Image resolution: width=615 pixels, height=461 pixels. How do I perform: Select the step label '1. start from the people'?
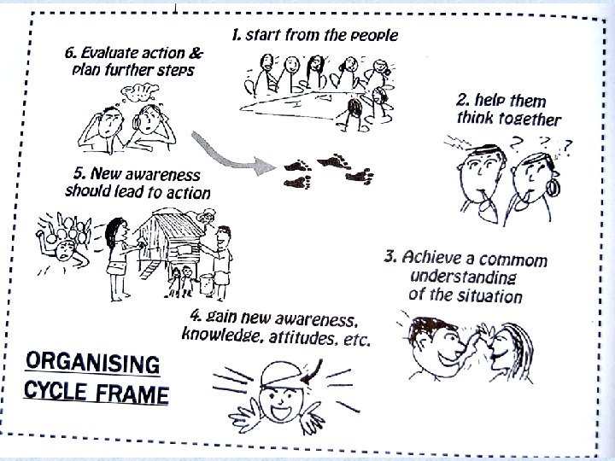(315, 35)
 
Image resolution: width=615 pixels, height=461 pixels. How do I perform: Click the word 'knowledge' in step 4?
(220, 338)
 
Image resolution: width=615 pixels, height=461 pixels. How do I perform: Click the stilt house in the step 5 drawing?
(170, 243)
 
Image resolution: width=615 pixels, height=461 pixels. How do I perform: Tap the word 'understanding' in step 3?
(463, 277)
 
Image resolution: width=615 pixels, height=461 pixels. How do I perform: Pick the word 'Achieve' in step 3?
(434, 257)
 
